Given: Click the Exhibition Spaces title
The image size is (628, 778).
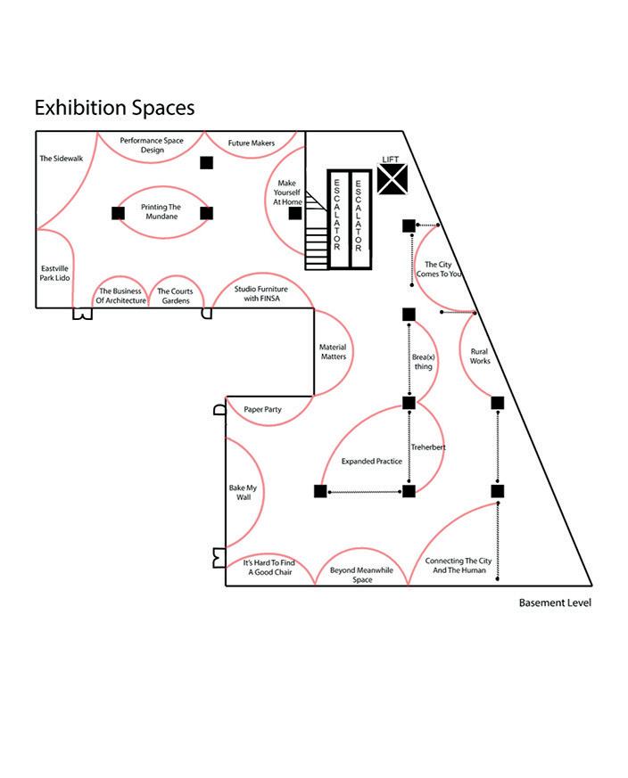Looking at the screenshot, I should (x=114, y=108).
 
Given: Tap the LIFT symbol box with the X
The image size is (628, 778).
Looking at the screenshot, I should (x=392, y=179).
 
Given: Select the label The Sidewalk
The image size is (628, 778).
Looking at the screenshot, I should (x=61, y=159).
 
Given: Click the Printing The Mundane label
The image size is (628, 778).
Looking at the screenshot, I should (x=161, y=212).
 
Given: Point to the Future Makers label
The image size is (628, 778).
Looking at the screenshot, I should (x=251, y=143).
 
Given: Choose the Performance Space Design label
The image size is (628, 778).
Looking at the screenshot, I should (x=153, y=145).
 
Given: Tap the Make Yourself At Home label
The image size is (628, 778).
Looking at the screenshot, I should (x=287, y=192).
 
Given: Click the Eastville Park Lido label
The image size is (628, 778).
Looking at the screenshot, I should (x=54, y=274).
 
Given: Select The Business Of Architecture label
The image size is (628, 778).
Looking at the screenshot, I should (x=120, y=296).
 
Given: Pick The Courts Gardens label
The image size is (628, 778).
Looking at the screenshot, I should (x=176, y=296).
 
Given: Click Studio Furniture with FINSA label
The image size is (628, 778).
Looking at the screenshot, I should (x=263, y=294).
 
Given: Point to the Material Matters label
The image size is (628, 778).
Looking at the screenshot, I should (x=333, y=352).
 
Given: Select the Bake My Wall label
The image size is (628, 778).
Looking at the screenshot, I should (x=244, y=492).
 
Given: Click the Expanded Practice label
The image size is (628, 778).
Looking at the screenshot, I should (x=371, y=462).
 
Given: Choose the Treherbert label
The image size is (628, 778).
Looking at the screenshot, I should (x=428, y=446).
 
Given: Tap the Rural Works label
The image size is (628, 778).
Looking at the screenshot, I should (x=480, y=356).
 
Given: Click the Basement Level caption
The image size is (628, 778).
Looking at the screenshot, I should (x=555, y=603).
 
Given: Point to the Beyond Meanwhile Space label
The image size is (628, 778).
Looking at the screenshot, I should (x=361, y=575).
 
